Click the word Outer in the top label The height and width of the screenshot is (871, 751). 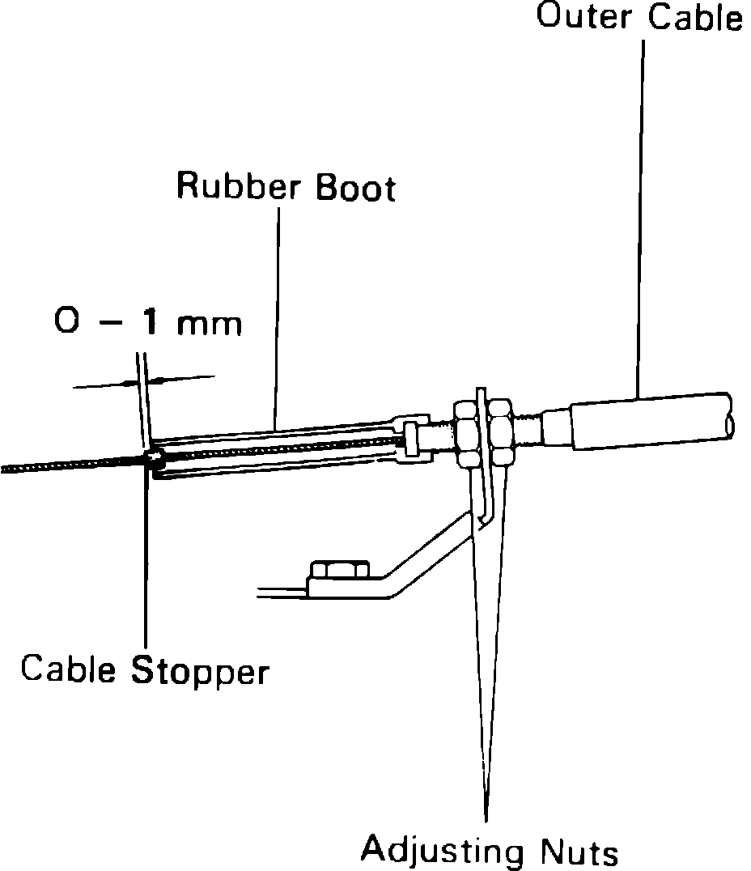pos(583,17)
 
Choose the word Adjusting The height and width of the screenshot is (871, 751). pos(442,851)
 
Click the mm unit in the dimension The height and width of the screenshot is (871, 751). pos(211,324)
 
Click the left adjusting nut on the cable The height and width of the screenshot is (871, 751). pos(467,433)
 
